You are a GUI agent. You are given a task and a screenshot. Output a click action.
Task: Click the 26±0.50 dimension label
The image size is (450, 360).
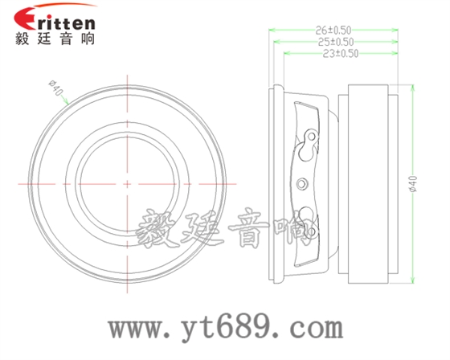pyautogui.click(x=334, y=30)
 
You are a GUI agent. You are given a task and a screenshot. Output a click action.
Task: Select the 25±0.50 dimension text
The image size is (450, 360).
pyautogui.click(x=334, y=41)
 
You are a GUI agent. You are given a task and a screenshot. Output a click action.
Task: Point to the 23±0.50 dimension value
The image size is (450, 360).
pyautogui.click(x=340, y=53)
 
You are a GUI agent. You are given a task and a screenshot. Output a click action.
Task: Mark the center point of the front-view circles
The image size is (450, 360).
pyautogui.click(x=128, y=184)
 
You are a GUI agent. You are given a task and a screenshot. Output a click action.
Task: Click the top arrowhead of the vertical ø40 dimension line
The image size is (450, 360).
pyautogui.click(x=412, y=88)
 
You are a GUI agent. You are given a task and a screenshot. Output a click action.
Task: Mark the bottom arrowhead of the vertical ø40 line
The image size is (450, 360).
pyautogui.click(x=412, y=281)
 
